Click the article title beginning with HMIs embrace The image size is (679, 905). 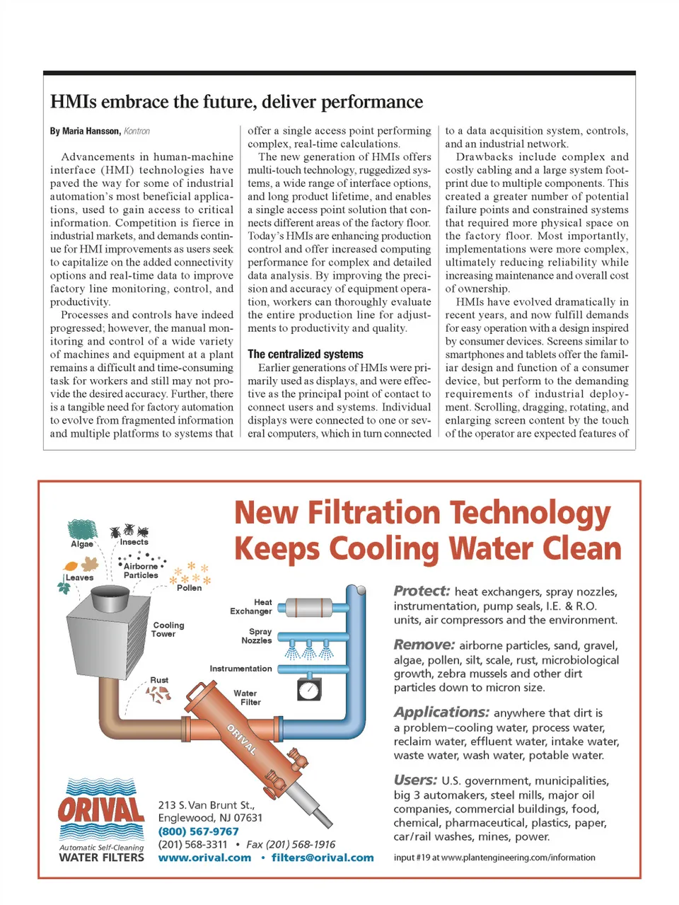coord(236,102)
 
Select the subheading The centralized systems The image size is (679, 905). coord(305,354)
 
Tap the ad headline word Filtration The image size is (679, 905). coord(376,513)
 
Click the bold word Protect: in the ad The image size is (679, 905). coord(422,591)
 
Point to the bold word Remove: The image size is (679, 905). coord(424,645)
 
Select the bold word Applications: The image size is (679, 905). coord(441,712)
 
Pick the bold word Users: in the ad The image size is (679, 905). coord(415,780)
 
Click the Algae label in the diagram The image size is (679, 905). coord(82,543)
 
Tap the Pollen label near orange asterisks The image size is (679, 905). coord(189,587)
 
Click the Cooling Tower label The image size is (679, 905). coord(168,629)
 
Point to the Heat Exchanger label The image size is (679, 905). coord(251,606)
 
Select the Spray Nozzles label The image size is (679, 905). coord(257,635)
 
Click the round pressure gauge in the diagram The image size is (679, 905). coord(308,689)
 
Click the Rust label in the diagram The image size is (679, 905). coord(159,680)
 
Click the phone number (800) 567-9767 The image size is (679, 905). coord(198,831)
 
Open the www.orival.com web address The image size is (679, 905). coord(204,858)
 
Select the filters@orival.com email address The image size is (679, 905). coord(323,858)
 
